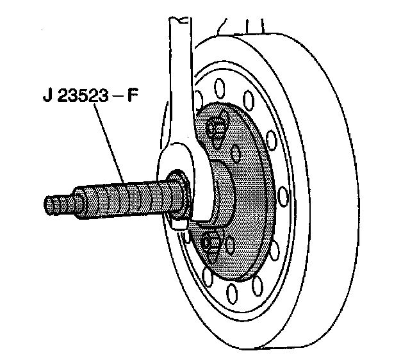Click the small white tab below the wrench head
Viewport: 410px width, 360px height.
click(x=181, y=224)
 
